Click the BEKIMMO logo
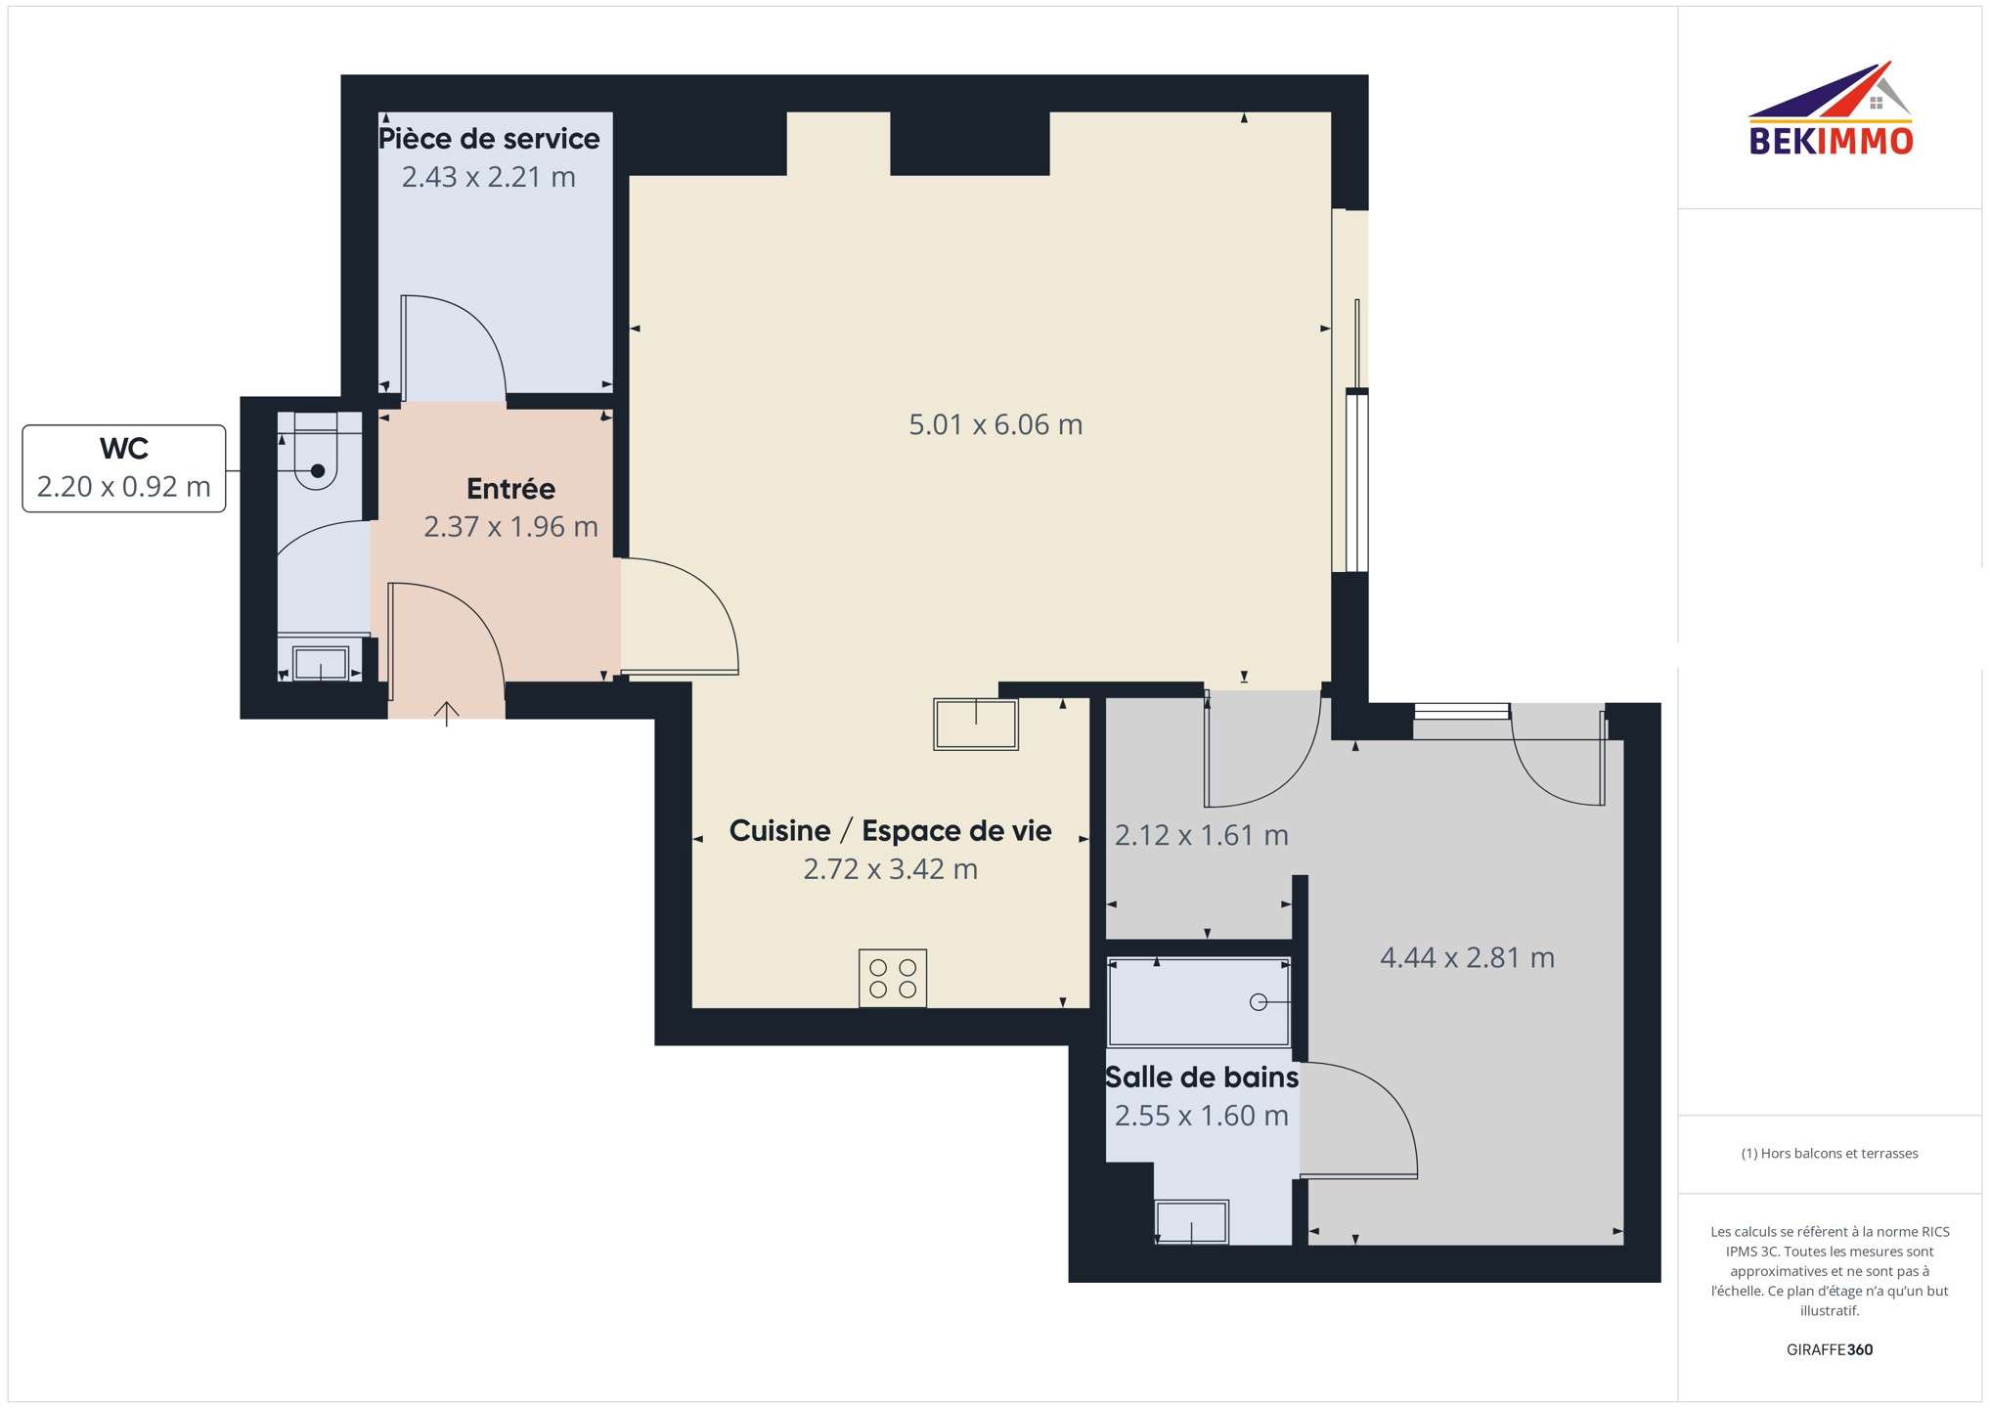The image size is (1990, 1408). tap(1830, 109)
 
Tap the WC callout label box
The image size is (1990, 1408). tap(124, 468)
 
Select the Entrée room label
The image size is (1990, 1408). tap(510, 488)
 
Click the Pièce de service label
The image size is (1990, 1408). tap(489, 139)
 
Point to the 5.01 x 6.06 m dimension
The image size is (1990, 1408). tap(995, 424)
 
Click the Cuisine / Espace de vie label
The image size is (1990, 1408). tap(890, 831)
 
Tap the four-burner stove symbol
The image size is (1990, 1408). tap(893, 978)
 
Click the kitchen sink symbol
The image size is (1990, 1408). tap(976, 724)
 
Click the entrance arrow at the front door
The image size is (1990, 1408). tap(447, 714)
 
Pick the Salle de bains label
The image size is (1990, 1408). tap(1202, 1078)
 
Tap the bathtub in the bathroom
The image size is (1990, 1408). tap(1199, 1002)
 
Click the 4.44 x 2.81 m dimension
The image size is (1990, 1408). tap(1467, 957)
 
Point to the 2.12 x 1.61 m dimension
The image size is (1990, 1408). tap(1202, 835)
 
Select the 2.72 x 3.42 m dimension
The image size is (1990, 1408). tap(890, 868)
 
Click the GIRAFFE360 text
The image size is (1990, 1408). tap(1830, 1349)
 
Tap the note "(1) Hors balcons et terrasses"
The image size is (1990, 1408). tap(1830, 1154)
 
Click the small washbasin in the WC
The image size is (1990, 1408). tap(321, 663)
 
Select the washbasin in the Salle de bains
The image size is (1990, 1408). tap(1192, 1222)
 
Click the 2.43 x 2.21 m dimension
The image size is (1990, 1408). tap(489, 177)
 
